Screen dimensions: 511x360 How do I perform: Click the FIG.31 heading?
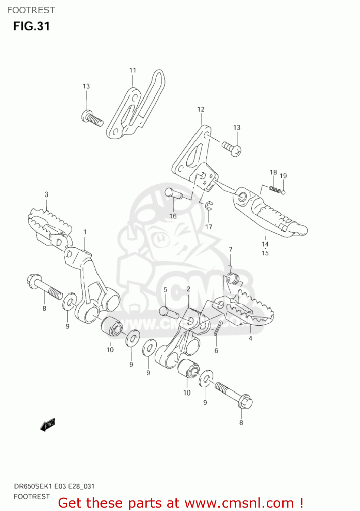click(31, 26)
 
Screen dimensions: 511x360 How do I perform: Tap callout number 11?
click(132, 70)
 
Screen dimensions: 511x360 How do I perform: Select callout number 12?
click(201, 109)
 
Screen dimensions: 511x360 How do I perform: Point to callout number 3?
click(47, 195)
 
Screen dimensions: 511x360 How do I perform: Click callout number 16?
click(173, 216)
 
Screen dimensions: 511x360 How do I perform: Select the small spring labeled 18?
click(275, 189)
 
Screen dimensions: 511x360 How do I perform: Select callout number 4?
click(250, 338)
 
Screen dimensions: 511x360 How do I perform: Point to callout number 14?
click(265, 244)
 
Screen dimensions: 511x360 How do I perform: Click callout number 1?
click(85, 232)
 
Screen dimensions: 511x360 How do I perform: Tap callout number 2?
click(188, 289)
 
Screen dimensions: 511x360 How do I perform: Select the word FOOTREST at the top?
click(31, 10)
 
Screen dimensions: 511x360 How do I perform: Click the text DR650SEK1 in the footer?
click(33, 486)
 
